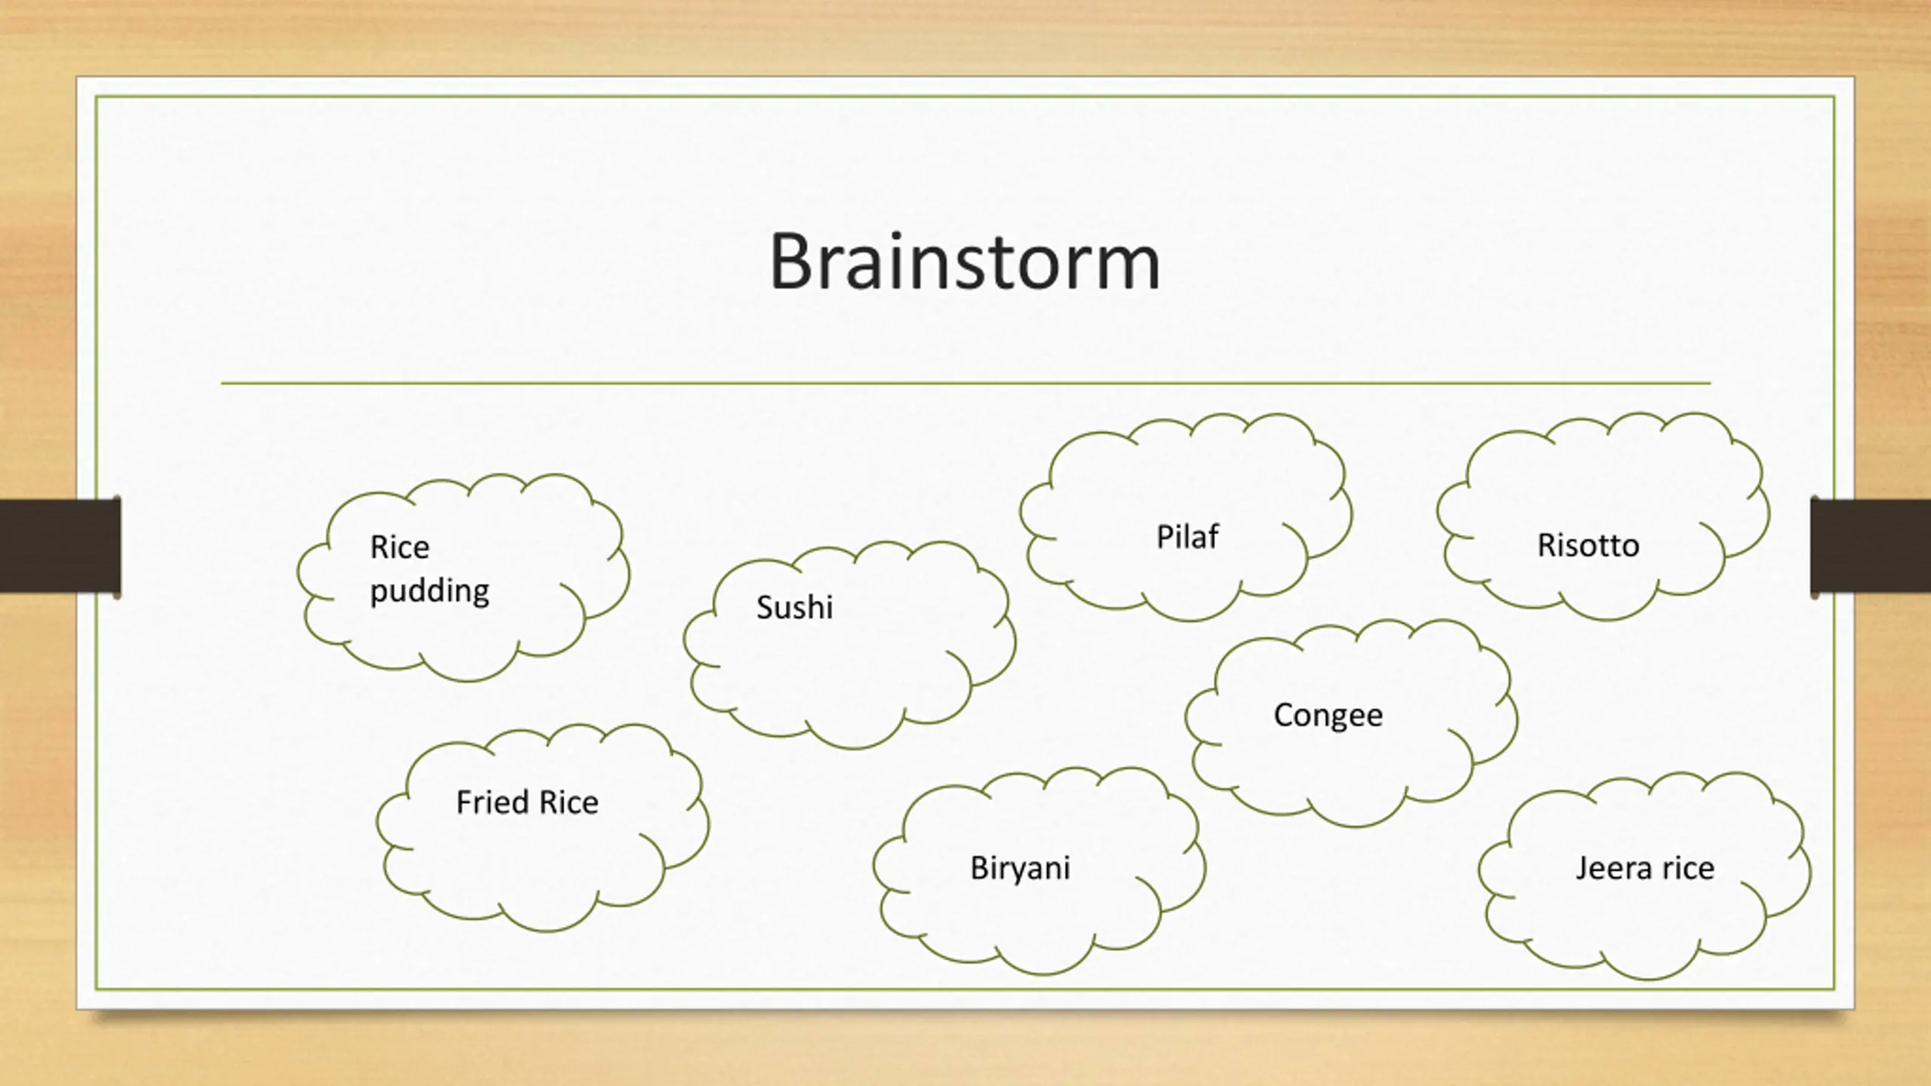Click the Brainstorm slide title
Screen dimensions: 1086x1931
(x=964, y=262)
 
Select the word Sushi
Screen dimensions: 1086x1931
(x=794, y=607)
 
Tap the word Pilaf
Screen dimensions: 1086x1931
(x=1187, y=537)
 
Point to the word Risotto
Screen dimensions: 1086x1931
(x=1588, y=545)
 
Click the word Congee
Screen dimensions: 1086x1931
(x=1328, y=715)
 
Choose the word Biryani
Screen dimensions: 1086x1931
(x=1020, y=868)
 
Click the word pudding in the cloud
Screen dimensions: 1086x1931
(x=429, y=591)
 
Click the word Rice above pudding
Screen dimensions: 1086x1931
(x=399, y=548)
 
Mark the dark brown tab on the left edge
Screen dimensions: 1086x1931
(x=60, y=545)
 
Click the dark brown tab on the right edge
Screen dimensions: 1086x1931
(x=1871, y=545)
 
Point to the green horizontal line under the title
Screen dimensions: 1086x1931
(x=965, y=383)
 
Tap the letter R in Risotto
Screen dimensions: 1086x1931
(x=1546, y=545)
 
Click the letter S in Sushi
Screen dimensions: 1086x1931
(x=765, y=607)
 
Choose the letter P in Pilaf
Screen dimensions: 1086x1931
(x=1164, y=537)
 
